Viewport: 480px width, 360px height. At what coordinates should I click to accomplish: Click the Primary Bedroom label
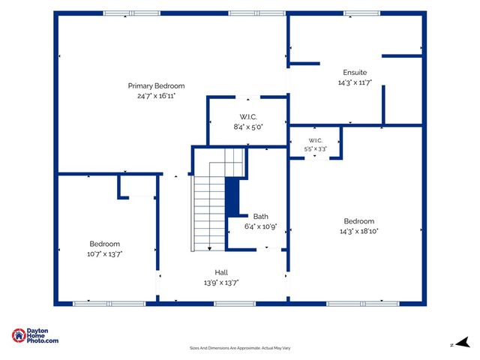tap(156, 86)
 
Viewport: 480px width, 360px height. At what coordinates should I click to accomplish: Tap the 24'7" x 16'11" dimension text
tap(156, 96)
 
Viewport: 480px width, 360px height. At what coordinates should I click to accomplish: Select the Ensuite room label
tap(355, 73)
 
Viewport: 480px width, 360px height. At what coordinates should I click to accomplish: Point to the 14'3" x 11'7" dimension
tap(355, 82)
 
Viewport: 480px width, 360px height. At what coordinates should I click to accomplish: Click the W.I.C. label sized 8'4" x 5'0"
tap(248, 117)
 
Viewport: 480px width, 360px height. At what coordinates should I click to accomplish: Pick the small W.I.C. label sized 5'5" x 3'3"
tap(315, 140)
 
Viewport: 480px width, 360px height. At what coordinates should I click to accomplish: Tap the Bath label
tap(261, 217)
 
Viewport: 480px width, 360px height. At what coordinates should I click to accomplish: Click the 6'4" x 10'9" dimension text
tap(261, 226)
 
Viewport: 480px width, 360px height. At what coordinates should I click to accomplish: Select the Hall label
tap(221, 272)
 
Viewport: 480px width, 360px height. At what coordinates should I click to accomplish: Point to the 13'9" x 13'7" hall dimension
tap(221, 282)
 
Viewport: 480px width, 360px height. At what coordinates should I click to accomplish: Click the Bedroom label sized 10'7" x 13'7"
tap(105, 244)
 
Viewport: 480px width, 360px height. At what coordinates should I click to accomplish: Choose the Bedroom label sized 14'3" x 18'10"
tap(358, 221)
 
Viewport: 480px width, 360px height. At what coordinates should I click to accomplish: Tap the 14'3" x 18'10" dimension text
tap(358, 231)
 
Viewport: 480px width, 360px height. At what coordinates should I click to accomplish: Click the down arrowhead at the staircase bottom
tap(210, 248)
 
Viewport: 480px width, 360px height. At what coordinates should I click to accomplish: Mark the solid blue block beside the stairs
tap(232, 197)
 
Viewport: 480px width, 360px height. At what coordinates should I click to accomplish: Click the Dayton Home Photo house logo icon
tap(19, 335)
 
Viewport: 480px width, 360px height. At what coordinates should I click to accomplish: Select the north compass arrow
tap(463, 342)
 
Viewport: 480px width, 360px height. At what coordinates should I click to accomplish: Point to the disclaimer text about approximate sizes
tap(240, 348)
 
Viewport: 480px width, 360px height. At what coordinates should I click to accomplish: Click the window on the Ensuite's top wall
tap(361, 13)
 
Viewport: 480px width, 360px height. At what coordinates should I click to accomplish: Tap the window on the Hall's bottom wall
tap(235, 304)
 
